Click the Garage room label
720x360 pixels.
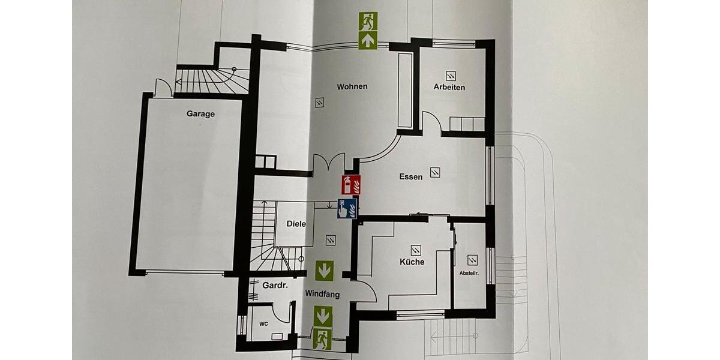pyautogui.click(x=200, y=113)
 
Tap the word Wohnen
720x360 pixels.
pyautogui.click(x=352, y=86)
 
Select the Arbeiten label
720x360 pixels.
pyautogui.click(x=449, y=87)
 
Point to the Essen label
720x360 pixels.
pyautogui.click(x=411, y=176)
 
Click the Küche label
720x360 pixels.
pyautogui.click(x=412, y=262)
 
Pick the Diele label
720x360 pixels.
pyautogui.click(x=296, y=224)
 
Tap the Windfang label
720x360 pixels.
pyautogui.click(x=322, y=294)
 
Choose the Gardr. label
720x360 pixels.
pyautogui.click(x=275, y=285)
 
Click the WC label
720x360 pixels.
pyautogui.click(x=263, y=324)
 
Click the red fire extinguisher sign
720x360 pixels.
pyautogui.click(x=350, y=185)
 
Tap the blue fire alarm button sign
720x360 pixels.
pyautogui.click(x=347, y=209)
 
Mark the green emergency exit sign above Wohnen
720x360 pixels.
pyautogui.click(x=368, y=22)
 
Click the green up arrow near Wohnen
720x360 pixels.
pyautogui.click(x=368, y=40)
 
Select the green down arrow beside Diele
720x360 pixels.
pyautogui.click(x=325, y=270)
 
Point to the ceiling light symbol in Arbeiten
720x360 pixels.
pyautogui.click(x=451, y=76)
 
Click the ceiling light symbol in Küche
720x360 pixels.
pyautogui.click(x=416, y=249)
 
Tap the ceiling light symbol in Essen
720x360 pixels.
pyautogui.click(x=435, y=172)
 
